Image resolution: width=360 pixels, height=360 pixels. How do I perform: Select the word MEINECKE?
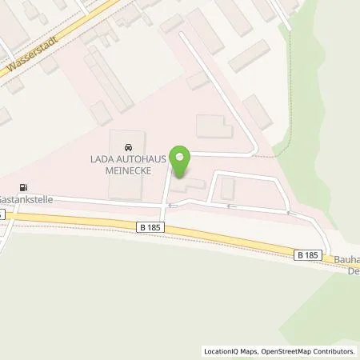[x=128, y=170]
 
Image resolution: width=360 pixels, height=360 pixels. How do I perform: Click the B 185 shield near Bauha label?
[x=306, y=254]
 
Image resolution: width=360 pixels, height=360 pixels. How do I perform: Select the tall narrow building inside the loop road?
[x=228, y=189]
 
